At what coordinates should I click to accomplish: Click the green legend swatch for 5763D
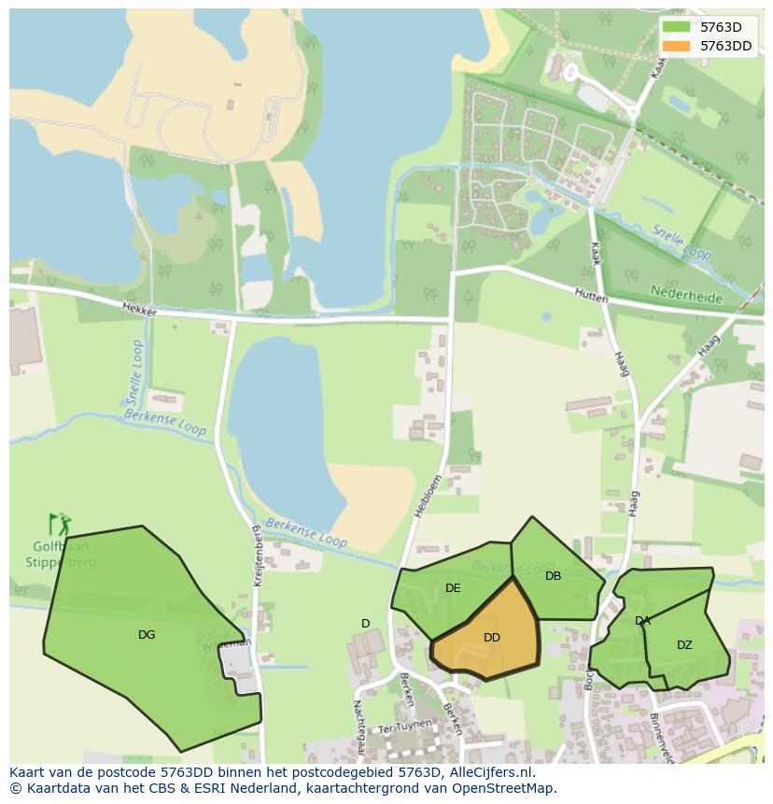pyautogui.click(x=675, y=27)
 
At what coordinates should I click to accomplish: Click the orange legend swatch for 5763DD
pyautogui.click(x=675, y=46)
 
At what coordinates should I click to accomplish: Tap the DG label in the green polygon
pyautogui.click(x=147, y=635)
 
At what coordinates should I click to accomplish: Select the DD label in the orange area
pyautogui.click(x=492, y=638)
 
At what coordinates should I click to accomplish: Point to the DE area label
pyautogui.click(x=453, y=588)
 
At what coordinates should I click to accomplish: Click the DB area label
pyautogui.click(x=554, y=576)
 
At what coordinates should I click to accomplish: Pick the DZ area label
pyautogui.click(x=684, y=645)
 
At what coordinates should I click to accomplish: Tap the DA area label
pyautogui.click(x=642, y=621)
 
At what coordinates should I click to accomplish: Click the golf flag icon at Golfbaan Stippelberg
pyautogui.click(x=59, y=525)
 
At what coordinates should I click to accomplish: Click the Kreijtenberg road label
pyautogui.click(x=257, y=555)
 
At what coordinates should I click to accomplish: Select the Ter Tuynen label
pyautogui.click(x=406, y=725)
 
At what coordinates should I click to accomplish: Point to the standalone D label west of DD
pyautogui.click(x=366, y=624)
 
